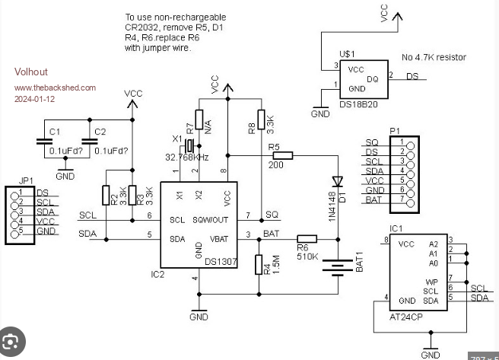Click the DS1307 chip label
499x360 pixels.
tap(221, 261)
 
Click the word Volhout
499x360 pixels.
tap(30, 72)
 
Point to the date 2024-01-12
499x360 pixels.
tap(35, 99)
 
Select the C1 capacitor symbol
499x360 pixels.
tap(42, 142)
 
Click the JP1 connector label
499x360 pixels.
tap(26, 181)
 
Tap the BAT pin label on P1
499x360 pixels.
tap(373, 199)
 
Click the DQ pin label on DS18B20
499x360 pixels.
tap(373, 78)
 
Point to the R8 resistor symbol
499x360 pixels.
tap(261, 119)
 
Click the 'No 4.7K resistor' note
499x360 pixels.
tap(434, 57)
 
